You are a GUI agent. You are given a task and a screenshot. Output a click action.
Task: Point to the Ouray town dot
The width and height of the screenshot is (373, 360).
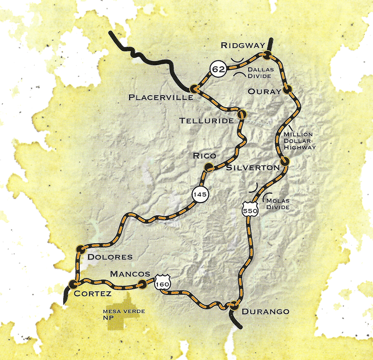click(287, 89)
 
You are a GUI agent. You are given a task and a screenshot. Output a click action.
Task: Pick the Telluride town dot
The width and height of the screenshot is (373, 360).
click(241, 114)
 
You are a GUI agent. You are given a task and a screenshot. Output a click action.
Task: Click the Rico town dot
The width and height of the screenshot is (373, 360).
click(209, 167)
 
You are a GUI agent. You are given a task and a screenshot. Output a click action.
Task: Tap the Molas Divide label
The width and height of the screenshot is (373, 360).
click(278, 203)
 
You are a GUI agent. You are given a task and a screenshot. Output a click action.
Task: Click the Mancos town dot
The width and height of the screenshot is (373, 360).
click(143, 283)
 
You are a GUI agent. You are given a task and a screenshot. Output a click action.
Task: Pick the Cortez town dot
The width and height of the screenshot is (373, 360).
click(72, 283)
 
